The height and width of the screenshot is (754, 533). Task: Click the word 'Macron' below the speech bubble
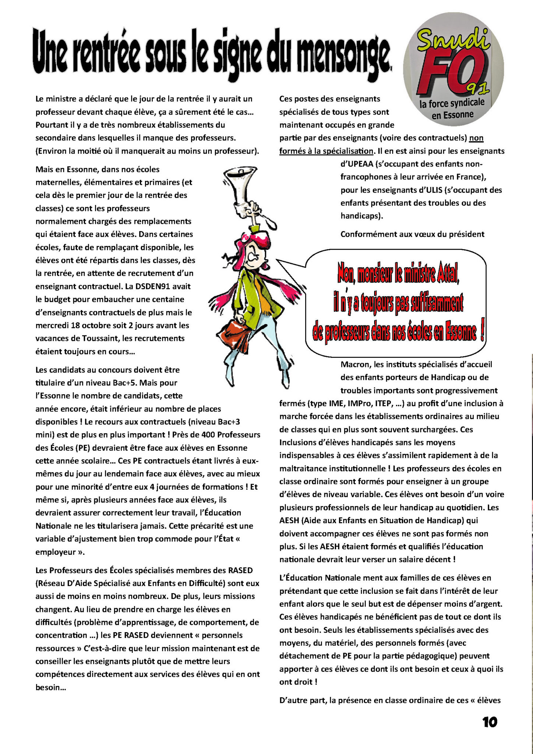[355, 364]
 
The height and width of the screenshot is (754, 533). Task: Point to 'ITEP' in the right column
[385, 404]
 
